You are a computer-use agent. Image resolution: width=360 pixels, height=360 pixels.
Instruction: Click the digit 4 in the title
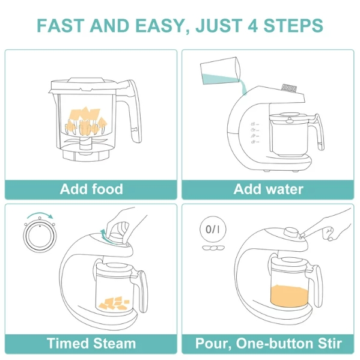(x=253, y=25)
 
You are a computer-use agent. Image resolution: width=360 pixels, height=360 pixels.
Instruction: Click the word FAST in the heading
(x=59, y=25)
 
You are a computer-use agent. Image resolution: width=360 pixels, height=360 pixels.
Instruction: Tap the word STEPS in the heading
(x=293, y=25)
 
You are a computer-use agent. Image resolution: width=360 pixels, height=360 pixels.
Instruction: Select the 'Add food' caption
(x=91, y=189)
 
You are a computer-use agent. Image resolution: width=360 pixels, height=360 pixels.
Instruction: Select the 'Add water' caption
(x=268, y=189)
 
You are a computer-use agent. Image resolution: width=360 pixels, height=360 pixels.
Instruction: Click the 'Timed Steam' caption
(x=91, y=343)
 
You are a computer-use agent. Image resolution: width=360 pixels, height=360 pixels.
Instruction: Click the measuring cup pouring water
(x=220, y=71)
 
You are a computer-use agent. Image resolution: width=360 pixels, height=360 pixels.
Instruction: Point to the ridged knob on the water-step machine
(x=289, y=88)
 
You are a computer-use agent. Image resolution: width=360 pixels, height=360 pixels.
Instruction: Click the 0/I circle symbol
(x=213, y=229)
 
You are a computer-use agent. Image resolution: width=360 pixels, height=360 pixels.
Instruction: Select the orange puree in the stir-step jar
(x=289, y=296)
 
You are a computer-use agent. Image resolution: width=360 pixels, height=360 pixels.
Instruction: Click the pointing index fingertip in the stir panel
(x=302, y=235)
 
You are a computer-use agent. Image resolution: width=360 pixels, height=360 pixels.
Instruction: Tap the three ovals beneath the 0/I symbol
(x=213, y=248)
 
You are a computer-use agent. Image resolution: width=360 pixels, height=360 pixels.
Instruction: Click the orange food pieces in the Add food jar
(x=86, y=121)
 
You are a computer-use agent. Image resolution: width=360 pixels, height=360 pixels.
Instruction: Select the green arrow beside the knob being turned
(x=105, y=235)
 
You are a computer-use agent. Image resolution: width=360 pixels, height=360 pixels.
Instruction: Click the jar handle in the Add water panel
(x=318, y=132)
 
